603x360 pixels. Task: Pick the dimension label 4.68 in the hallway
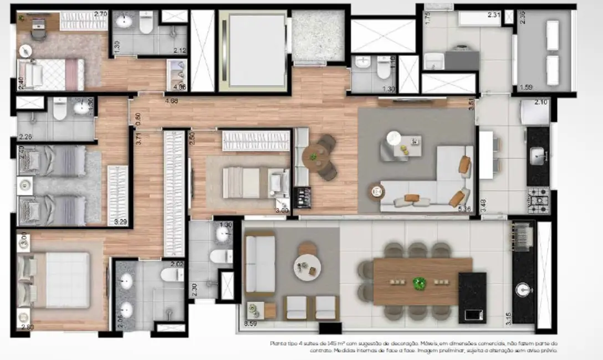(171, 101)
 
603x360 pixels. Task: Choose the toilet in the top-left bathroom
(146, 24)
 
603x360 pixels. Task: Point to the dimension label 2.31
(494, 15)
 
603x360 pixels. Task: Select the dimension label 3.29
(120, 222)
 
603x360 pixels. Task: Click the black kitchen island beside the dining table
(472, 297)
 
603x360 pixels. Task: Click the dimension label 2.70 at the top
(100, 14)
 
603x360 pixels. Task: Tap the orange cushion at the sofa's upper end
(464, 164)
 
